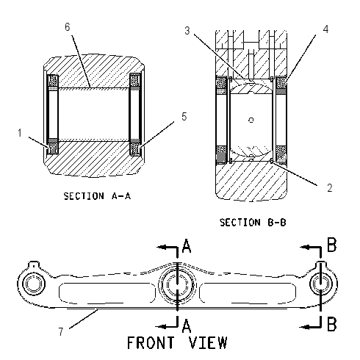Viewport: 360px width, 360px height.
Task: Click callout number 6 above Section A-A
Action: [68, 27]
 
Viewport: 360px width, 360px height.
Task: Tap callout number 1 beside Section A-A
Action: [20, 133]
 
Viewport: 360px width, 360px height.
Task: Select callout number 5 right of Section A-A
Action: [184, 117]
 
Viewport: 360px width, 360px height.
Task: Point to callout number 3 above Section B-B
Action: [187, 31]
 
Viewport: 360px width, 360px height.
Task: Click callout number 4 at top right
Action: [325, 29]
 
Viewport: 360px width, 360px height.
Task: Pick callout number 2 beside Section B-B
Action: [330, 188]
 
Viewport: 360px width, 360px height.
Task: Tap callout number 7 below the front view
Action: [61, 331]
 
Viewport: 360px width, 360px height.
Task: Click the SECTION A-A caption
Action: [97, 196]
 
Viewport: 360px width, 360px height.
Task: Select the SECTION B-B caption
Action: [253, 223]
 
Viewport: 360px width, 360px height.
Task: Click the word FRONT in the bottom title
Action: [151, 342]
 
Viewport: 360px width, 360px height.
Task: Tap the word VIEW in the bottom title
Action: [209, 342]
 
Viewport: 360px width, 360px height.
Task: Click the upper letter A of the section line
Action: [187, 245]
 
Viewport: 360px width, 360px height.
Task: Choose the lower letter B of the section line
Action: [332, 324]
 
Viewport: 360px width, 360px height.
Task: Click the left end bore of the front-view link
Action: [34, 284]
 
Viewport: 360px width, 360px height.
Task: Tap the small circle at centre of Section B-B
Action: [251, 120]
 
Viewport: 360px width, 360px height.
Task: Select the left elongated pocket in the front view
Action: [107, 292]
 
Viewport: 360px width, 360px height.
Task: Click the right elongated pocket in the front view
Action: [248, 292]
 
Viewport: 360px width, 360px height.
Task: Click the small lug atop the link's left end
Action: [34, 264]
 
